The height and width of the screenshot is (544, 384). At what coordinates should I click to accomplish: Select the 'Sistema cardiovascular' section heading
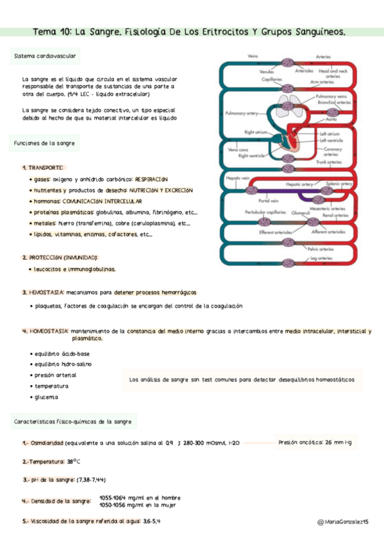(45, 56)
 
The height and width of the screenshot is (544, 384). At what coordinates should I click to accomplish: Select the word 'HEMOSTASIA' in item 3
(47, 292)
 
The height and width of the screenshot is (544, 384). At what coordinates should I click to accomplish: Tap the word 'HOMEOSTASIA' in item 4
(49, 331)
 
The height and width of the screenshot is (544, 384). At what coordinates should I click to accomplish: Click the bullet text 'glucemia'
(46, 397)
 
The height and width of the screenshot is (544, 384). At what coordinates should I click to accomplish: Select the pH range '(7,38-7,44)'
(91, 479)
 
